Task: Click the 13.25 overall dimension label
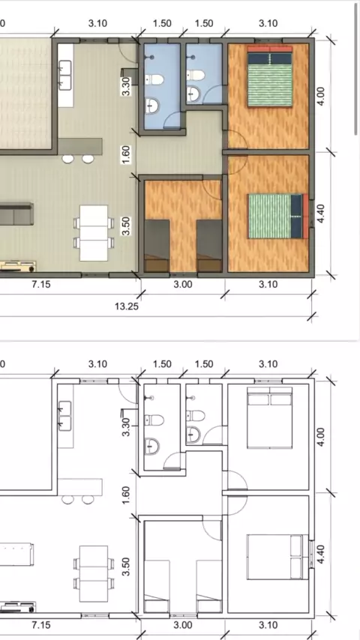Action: (x=127, y=306)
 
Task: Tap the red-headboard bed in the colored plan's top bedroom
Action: (x=270, y=76)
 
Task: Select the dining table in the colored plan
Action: (x=94, y=232)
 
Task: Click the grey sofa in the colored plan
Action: (x=16, y=214)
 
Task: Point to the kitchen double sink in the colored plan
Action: (x=65, y=75)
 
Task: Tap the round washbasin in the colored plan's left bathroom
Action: (x=152, y=106)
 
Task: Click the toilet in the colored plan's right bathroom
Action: (x=196, y=75)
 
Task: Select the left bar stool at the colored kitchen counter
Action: (x=67, y=159)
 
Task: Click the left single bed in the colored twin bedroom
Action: (x=157, y=245)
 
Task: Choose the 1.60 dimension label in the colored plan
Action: (x=126, y=154)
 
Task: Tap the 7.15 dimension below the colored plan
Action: (x=41, y=284)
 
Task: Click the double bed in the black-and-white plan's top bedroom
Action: (x=270, y=417)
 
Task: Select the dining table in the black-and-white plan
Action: (x=94, y=573)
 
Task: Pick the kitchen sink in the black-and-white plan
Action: (x=65, y=416)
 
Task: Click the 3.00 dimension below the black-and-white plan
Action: (x=183, y=625)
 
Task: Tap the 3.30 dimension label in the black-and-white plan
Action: (x=126, y=427)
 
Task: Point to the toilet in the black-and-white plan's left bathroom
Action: (x=154, y=420)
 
